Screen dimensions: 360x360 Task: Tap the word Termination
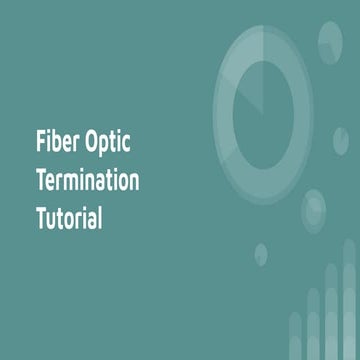87,181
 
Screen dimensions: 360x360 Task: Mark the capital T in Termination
41,181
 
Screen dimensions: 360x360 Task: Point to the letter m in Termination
77,183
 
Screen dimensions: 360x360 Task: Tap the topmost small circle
331,37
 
